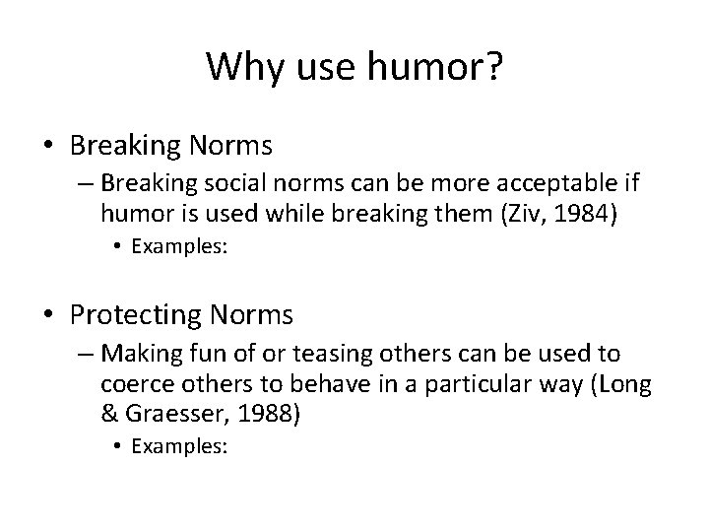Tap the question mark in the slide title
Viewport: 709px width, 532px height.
coord(491,67)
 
